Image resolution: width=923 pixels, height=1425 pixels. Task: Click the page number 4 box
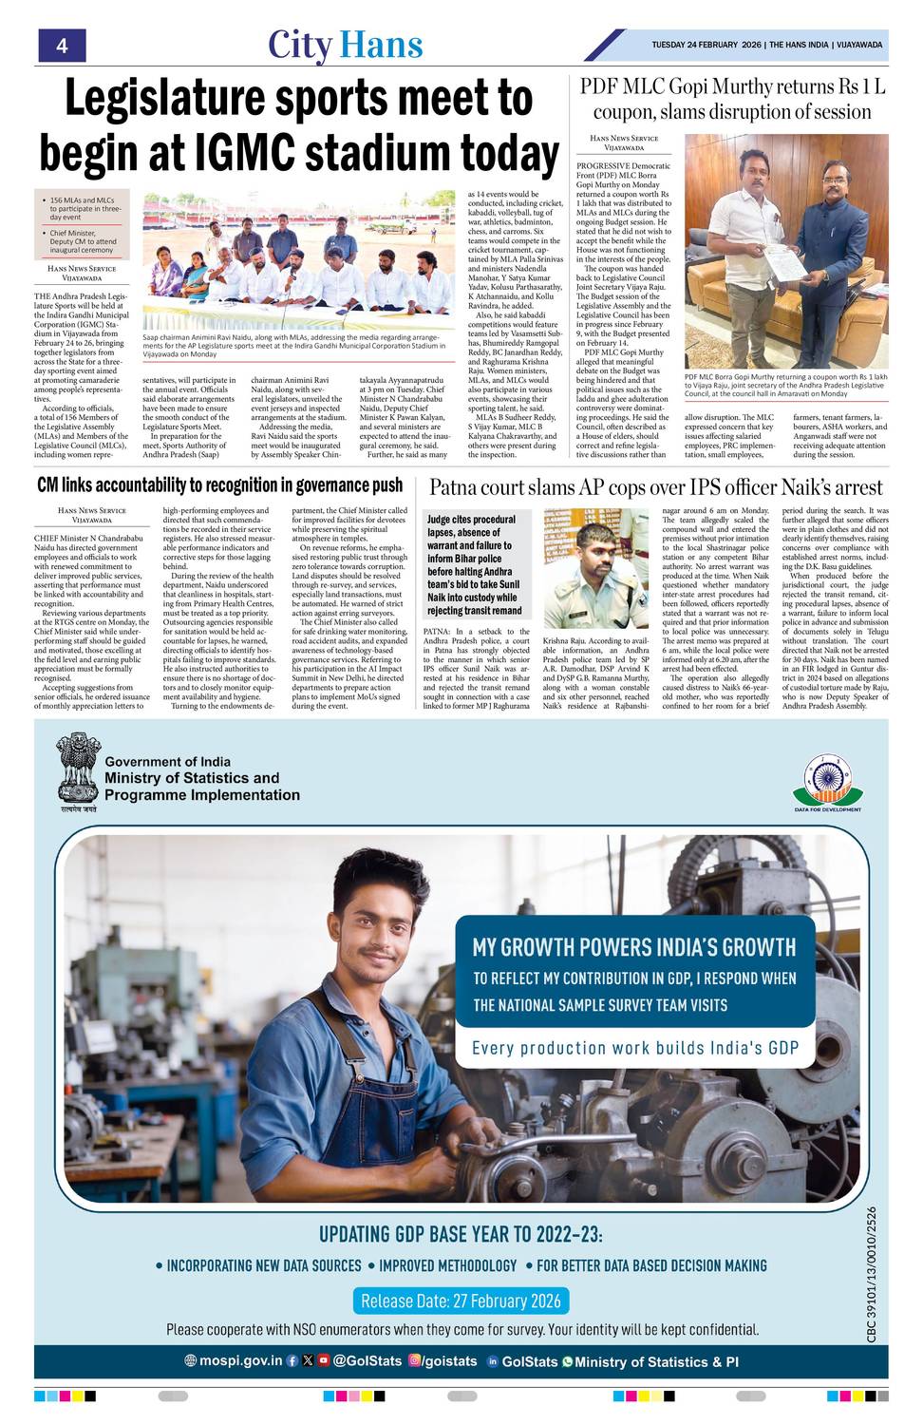coord(62,45)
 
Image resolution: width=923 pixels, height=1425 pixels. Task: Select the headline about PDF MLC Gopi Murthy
coord(732,99)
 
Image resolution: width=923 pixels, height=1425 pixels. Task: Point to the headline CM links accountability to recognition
coord(220,485)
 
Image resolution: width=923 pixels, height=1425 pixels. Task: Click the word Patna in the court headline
coord(460,487)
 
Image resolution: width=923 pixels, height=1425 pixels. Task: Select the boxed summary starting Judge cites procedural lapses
coord(473,565)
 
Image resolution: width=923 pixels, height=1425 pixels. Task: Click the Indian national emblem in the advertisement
coord(77,768)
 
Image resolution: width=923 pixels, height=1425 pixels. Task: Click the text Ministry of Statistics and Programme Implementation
coord(201,786)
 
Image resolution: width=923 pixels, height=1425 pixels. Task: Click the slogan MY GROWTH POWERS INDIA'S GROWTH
coord(634,946)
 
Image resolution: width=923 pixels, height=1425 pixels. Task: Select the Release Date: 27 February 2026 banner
coord(461,1301)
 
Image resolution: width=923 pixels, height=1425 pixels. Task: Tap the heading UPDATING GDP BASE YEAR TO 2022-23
coord(461,1234)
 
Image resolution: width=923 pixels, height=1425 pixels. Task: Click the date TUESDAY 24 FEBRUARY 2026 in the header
coord(706,45)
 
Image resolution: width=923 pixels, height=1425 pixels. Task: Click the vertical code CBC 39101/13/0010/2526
coord(872,1273)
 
